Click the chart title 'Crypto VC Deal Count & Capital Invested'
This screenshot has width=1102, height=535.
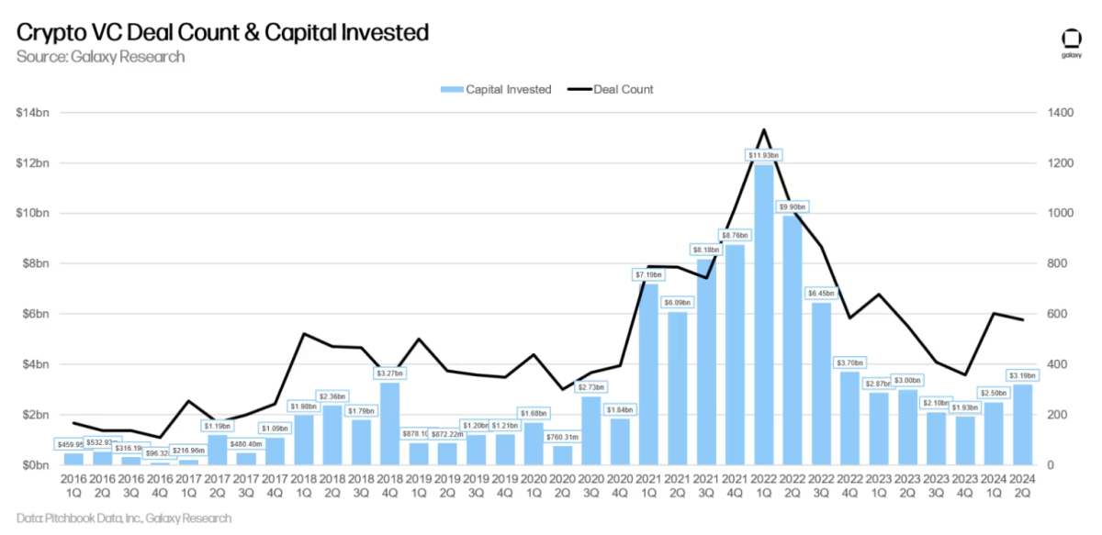[222, 33]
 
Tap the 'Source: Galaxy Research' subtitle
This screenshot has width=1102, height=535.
[100, 57]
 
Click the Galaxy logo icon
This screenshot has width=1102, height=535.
[1071, 40]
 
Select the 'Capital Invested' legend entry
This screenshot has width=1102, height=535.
[496, 89]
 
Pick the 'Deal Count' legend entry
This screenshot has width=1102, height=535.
[612, 89]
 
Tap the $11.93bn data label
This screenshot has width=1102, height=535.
[763, 156]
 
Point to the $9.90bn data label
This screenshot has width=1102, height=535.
[792, 206]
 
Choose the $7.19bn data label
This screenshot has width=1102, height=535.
[649, 274]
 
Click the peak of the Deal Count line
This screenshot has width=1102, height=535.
[763, 129]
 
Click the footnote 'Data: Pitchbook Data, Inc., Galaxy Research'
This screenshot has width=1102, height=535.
[124, 518]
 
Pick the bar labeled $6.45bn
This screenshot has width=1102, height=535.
[820, 384]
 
